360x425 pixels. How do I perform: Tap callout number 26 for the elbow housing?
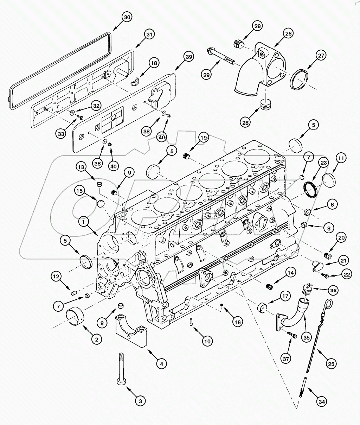point(288,34)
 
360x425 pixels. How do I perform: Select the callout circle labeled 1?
point(83,222)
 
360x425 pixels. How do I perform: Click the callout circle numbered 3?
point(140,400)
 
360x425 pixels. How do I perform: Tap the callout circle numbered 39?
point(188,57)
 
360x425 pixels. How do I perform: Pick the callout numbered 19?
point(203,138)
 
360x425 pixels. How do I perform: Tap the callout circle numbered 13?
point(82,167)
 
